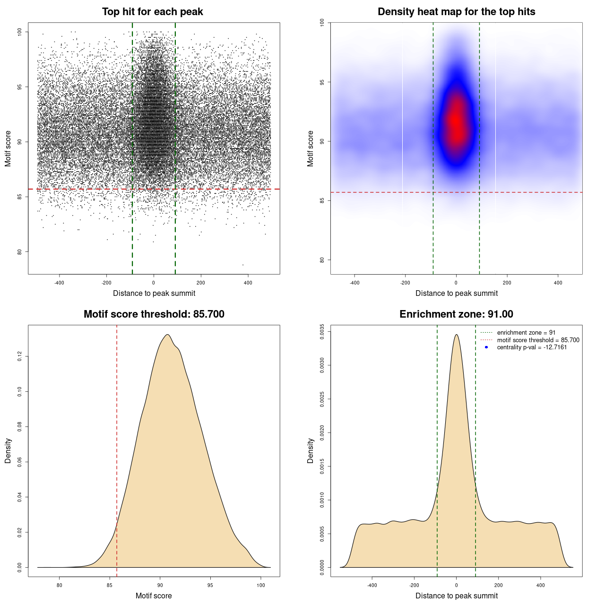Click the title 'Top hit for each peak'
[152, 12]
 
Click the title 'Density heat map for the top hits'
[456, 12]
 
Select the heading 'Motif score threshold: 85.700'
[154, 314]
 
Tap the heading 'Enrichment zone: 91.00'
[456, 314]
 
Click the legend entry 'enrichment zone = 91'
[526, 333]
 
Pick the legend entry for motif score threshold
[538, 340]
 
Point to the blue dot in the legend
[486, 347]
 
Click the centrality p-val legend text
[532, 347]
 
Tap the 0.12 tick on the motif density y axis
[20, 356]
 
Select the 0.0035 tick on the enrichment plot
[322, 332]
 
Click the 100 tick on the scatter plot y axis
[20, 32]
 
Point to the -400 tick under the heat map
[354, 283]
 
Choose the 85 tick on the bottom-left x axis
[110, 586]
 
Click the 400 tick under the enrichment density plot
[541, 586]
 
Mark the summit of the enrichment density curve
[456, 335]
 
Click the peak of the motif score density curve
[167, 335]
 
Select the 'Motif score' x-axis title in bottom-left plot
[154, 596]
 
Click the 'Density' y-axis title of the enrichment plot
[311, 450]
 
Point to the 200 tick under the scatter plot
[201, 283]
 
